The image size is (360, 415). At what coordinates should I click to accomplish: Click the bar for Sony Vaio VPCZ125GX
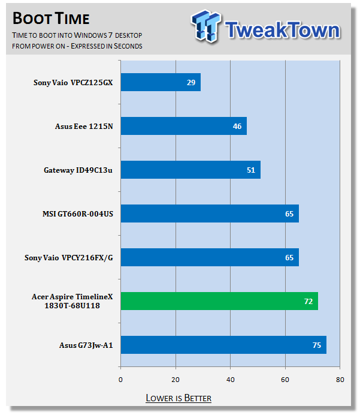[161, 82]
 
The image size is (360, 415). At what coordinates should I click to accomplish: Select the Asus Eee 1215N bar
[183, 126]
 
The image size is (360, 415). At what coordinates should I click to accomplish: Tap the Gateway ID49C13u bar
[190, 170]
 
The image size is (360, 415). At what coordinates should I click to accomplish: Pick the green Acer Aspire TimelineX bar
[219, 301]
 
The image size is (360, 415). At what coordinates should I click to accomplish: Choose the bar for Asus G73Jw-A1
[223, 345]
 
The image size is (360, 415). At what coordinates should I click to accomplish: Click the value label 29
[191, 82]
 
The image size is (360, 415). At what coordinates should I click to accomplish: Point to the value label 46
[237, 126]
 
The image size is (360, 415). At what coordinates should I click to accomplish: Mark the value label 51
[252, 170]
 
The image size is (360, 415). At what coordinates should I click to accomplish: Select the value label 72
[308, 301]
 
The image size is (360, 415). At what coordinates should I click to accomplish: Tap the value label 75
[317, 345]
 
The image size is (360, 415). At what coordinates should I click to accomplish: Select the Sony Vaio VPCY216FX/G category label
[68, 257]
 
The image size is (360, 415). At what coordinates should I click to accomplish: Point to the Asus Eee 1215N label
[84, 126]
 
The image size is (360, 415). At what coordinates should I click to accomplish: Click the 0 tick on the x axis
[121, 379]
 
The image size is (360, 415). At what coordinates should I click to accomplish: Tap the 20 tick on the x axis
[176, 379]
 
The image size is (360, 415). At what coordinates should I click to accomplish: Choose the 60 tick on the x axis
[286, 379]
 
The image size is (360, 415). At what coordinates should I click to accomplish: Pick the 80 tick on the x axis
[340, 379]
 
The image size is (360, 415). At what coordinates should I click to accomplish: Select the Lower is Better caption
[179, 398]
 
